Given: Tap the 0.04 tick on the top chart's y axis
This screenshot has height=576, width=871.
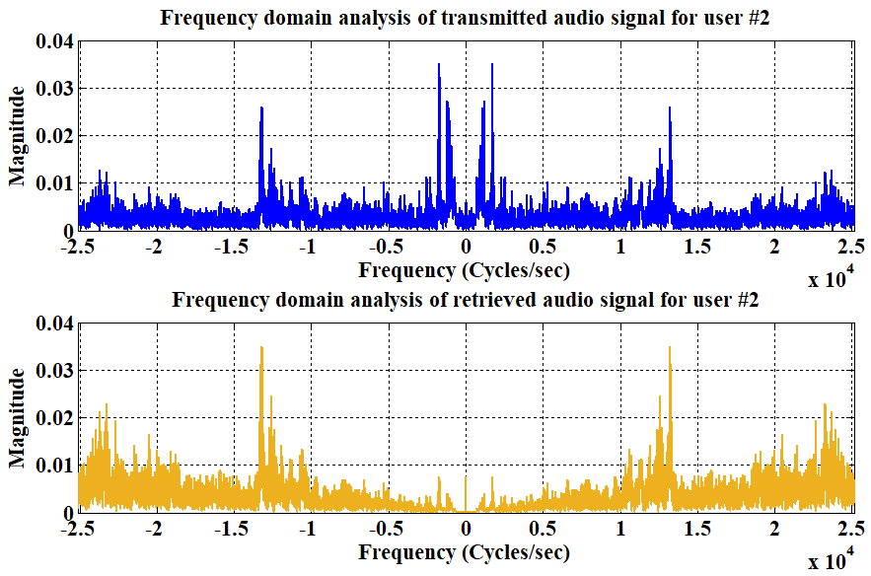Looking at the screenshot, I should pos(53,41).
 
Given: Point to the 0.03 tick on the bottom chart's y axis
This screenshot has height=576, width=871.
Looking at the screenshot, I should pos(53,371).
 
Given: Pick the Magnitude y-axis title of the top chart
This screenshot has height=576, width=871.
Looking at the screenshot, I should pos(17,135).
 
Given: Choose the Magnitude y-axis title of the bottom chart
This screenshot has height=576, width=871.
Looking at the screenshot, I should pos(17,417).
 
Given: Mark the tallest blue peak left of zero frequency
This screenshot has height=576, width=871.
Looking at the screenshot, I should pos(439,65).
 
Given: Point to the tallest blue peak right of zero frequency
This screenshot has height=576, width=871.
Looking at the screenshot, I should pos(491,65).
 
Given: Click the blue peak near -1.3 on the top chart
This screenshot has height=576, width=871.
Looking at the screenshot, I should pos(261,108).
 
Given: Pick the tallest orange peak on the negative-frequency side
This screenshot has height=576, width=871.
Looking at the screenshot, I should pos(261,348).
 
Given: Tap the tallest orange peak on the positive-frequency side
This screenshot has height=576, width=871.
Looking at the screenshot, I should pos(670,348).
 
